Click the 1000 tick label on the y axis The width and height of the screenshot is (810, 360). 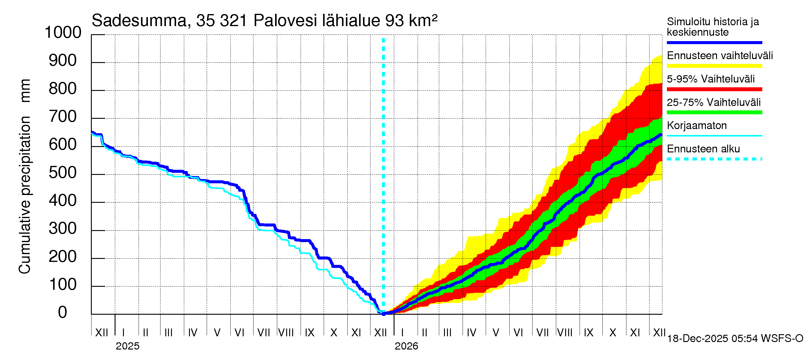63,32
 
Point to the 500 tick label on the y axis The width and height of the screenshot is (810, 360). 63,172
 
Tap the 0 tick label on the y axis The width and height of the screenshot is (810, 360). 63,312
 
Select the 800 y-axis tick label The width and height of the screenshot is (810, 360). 63,89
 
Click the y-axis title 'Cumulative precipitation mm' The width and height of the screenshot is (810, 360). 25,176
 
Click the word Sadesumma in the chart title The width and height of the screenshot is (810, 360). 139,21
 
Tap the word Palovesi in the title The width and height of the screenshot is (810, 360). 285,21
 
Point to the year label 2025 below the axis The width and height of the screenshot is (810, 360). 127,346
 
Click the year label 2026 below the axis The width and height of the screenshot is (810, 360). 406,346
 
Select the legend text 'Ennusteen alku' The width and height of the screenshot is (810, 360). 703,149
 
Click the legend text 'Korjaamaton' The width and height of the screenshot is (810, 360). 697,125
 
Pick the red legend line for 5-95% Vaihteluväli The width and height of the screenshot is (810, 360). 714,89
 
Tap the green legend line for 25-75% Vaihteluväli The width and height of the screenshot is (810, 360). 714,112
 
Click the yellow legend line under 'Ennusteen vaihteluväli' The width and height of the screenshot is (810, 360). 714,66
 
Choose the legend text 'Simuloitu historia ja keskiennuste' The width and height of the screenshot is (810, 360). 713,27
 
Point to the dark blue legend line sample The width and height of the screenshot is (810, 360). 714,42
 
